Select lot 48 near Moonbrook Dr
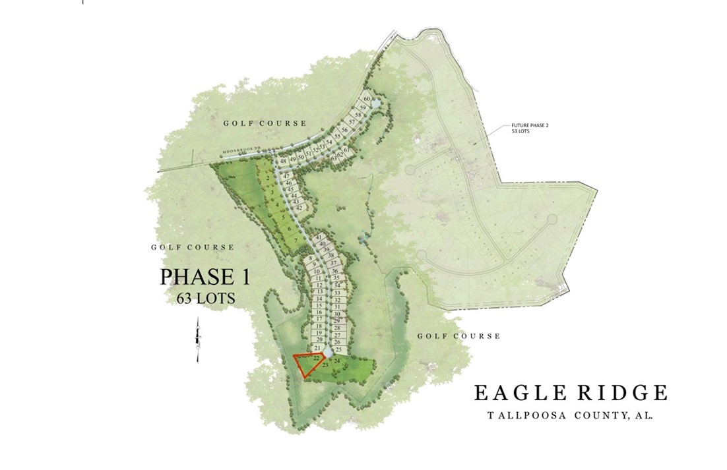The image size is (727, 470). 283,161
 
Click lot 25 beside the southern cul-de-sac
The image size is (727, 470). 338,350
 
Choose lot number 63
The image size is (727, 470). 334,158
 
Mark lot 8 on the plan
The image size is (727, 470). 310,258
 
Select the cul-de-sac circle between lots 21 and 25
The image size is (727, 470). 328,355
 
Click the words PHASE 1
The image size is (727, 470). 205,276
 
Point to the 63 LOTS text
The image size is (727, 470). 206,298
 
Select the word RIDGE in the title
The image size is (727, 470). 623,393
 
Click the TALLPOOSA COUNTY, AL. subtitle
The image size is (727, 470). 570,416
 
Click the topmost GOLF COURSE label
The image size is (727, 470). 264,123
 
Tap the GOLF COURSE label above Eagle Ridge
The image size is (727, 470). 458,336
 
